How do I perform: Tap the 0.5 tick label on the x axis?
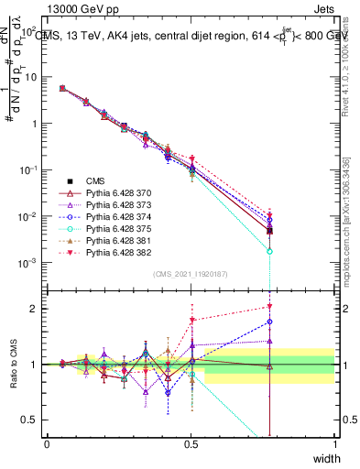click(191, 444)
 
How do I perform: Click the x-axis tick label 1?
click(335, 444)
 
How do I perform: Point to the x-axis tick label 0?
click(48, 444)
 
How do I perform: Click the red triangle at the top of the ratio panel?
click(269, 307)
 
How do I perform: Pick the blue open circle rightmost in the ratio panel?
click(269, 322)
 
